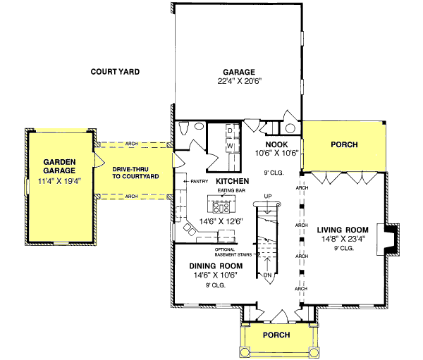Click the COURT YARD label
[x=116, y=71]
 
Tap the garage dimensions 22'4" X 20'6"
[x=238, y=81]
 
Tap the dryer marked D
[x=230, y=131]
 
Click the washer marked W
[x=230, y=146]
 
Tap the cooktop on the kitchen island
[x=221, y=208]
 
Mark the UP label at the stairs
[x=267, y=195]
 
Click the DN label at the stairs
[x=267, y=275]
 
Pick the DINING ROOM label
[x=216, y=266]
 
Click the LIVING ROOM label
[x=343, y=230]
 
